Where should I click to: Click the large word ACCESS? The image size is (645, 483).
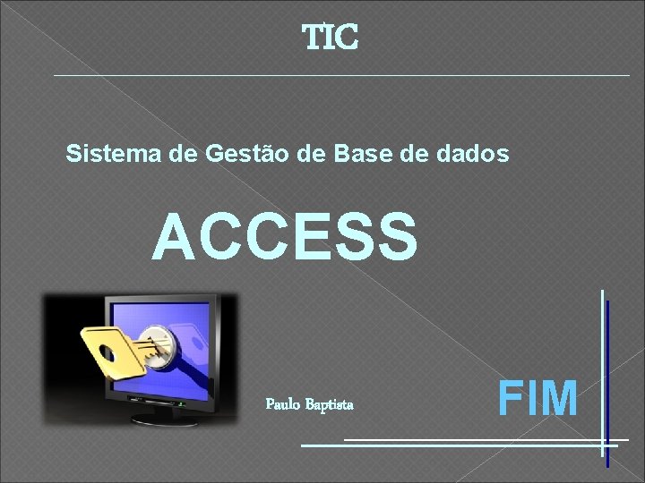tap(285, 236)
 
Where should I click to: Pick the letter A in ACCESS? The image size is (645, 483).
tap(173, 236)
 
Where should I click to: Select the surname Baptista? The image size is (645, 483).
tap(330, 404)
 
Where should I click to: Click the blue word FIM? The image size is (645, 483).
tap(537, 398)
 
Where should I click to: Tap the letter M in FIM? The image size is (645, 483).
tap(560, 398)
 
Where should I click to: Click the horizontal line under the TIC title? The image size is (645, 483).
tap(340, 75)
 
